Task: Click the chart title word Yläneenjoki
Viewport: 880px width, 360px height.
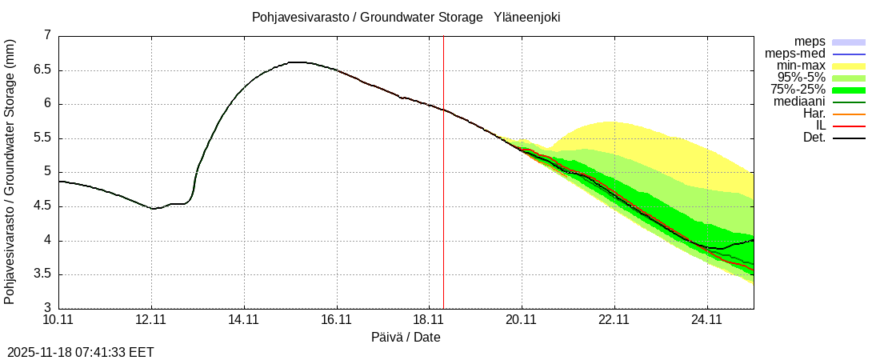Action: point(526,17)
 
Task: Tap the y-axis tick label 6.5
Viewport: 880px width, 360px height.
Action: point(42,70)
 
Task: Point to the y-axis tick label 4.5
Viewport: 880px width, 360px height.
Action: point(42,206)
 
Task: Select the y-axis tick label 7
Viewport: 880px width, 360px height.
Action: point(47,35)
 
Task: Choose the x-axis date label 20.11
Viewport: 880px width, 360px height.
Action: point(522,320)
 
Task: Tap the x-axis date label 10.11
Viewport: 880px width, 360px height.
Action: point(58,320)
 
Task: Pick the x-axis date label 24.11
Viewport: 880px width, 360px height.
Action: point(707,320)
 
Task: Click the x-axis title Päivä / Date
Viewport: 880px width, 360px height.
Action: point(406,338)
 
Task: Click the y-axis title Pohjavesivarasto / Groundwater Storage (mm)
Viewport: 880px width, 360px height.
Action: point(10,172)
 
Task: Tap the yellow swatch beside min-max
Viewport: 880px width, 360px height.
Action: point(849,66)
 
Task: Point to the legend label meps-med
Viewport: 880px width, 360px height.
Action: point(795,54)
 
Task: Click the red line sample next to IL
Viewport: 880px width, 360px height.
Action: point(849,126)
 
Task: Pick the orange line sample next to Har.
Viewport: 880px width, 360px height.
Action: point(849,114)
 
